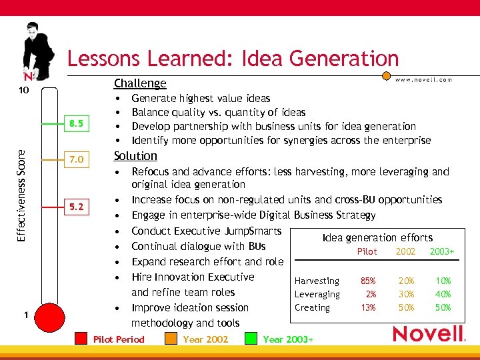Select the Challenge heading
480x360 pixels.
click(x=140, y=83)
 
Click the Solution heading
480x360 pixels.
click(x=135, y=156)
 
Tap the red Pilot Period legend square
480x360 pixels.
click(x=81, y=339)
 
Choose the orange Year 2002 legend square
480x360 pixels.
click(x=171, y=339)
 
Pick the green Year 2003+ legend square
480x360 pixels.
click(x=251, y=339)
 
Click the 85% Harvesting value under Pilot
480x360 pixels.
click(x=368, y=281)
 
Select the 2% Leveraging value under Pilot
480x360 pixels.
click(x=371, y=294)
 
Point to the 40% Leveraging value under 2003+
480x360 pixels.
click(x=443, y=294)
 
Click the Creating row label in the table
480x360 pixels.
click(x=312, y=307)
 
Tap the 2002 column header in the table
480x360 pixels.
click(x=405, y=251)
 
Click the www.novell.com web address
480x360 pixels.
click(x=424, y=80)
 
